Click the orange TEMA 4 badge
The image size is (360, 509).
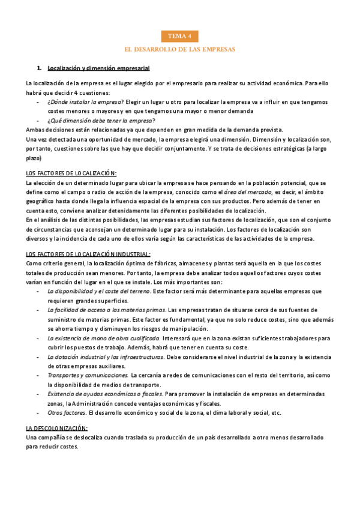(179, 36)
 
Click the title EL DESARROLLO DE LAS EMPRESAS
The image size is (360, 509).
(179, 49)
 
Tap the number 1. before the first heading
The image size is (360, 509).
(40, 68)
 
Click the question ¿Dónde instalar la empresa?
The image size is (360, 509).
(85, 102)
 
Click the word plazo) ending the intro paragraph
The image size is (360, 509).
(34, 158)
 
